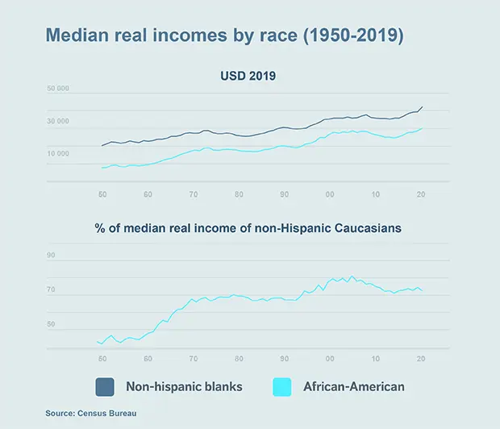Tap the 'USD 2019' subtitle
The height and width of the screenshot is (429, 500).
pyautogui.click(x=249, y=77)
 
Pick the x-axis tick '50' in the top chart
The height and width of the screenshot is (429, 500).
pyautogui.click(x=102, y=195)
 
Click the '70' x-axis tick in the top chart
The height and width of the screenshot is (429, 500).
pyautogui.click(x=194, y=195)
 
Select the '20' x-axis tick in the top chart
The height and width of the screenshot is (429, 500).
pyautogui.click(x=420, y=195)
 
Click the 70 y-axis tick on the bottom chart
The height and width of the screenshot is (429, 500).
pyautogui.click(x=52, y=290)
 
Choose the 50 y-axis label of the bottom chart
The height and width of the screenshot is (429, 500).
pyautogui.click(x=52, y=324)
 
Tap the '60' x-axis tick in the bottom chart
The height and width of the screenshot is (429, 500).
pyautogui.click(x=148, y=358)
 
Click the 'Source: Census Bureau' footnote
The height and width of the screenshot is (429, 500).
pyautogui.click(x=97, y=413)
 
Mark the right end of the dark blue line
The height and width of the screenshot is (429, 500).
pyautogui.click(x=422, y=106)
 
